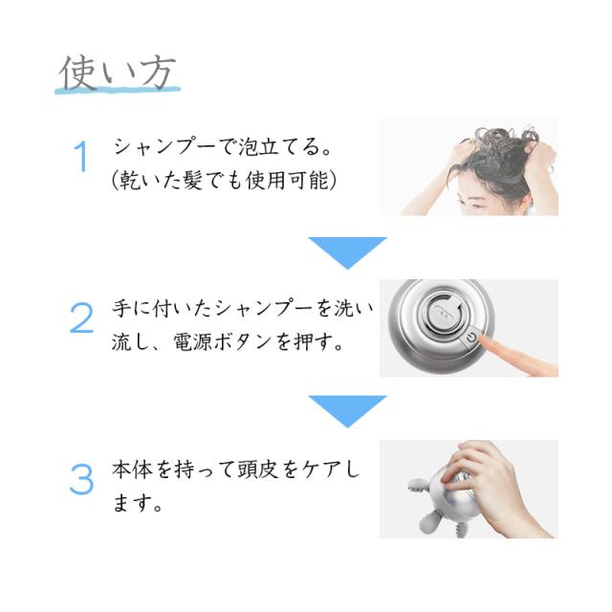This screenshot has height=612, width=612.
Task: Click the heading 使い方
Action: pyautogui.click(x=118, y=73)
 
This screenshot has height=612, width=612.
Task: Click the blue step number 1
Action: pyautogui.click(x=80, y=157)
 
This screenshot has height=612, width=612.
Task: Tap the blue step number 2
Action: pyautogui.click(x=81, y=317)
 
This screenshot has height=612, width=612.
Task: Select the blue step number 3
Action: pyautogui.click(x=81, y=479)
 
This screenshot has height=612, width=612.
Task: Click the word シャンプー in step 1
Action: pyautogui.click(x=164, y=147)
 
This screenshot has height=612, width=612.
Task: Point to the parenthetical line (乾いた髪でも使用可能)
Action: pyautogui.click(x=224, y=180)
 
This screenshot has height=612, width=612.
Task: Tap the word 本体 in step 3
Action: pyautogui.click(x=132, y=470)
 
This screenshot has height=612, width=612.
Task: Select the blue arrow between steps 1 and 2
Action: pyautogui.click(x=347, y=250)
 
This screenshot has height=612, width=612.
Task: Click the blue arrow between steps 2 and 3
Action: pyautogui.click(x=347, y=408)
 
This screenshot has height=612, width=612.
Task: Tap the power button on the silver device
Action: pyautogui.click(x=471, y=337)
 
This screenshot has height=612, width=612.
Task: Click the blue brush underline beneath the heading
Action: pyautogui.click(x=118, y=91)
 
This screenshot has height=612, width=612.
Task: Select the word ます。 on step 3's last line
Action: pyautogui.click(x=137, y=503)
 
